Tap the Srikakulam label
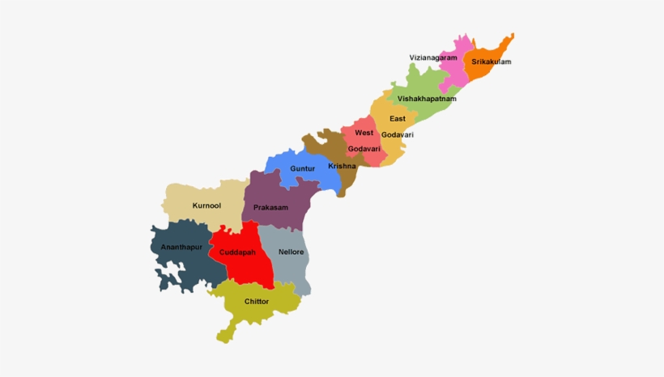pos(491,61)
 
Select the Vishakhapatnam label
pos(427,99)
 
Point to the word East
pos(397,119)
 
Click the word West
pos(364,133)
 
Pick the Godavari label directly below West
pos(364,149)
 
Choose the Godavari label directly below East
pos(397,133)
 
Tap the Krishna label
pos(341,166)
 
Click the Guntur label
pos(302,169)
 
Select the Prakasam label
pos(270,208)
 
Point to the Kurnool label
pos(206,206)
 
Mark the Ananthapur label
pos(181,246)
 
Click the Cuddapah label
pos(237,252)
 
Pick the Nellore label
pos(291,252)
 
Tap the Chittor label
pos(256,302)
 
